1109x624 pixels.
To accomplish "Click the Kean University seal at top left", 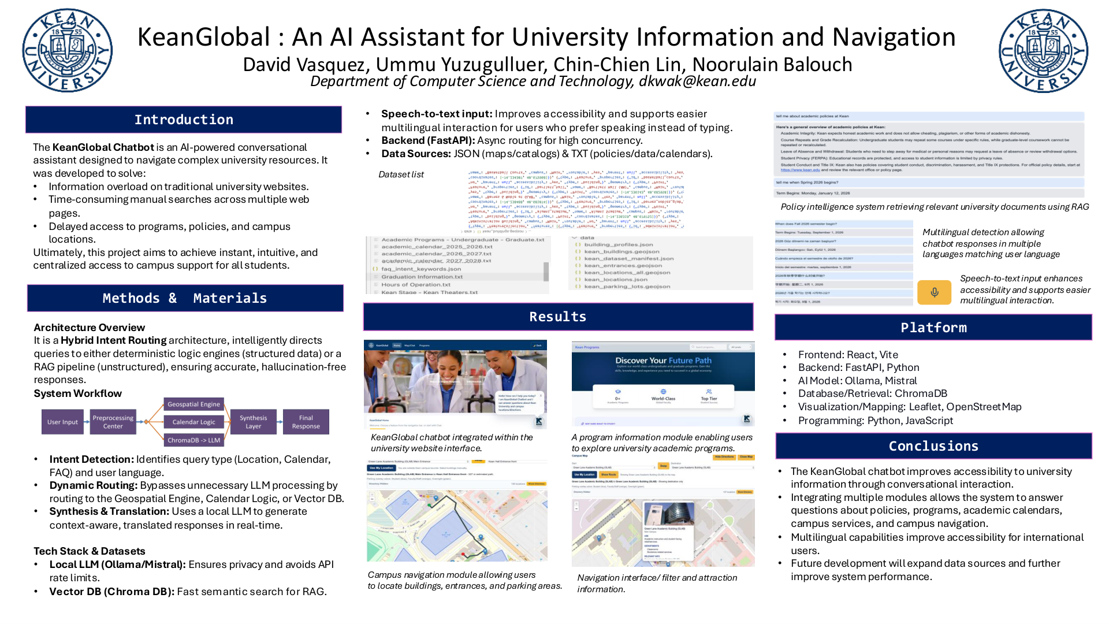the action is point(68,51).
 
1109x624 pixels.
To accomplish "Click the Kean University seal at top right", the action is point(1043,51).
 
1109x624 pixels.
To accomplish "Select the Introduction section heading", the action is point(184,120).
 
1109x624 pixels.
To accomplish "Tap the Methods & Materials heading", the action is point(185,298).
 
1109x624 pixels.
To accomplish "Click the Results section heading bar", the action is point(558,317).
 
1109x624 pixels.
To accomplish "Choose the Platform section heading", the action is point(933,328).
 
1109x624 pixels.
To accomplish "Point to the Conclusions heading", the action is point(933,446).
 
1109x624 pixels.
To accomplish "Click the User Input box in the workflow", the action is point(62,422).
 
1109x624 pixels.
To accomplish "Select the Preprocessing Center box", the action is point(113,422).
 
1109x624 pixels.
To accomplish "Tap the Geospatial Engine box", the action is point(193,404).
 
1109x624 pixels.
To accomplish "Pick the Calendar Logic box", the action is point(193,422).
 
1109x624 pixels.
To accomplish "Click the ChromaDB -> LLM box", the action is point(193,440).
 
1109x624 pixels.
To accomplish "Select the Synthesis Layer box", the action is point(253,422).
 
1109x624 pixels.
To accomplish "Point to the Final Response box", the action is point(306,422).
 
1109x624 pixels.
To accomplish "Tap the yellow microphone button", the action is point(934,292).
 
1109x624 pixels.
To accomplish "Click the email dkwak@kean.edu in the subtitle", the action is point(697,81).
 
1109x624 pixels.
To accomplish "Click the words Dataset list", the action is point(401,174).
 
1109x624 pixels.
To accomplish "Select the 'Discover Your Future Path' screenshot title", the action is point(663,361).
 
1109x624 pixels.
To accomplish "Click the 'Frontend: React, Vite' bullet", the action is point(847,355).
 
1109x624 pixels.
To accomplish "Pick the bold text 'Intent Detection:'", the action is point(91,459).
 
